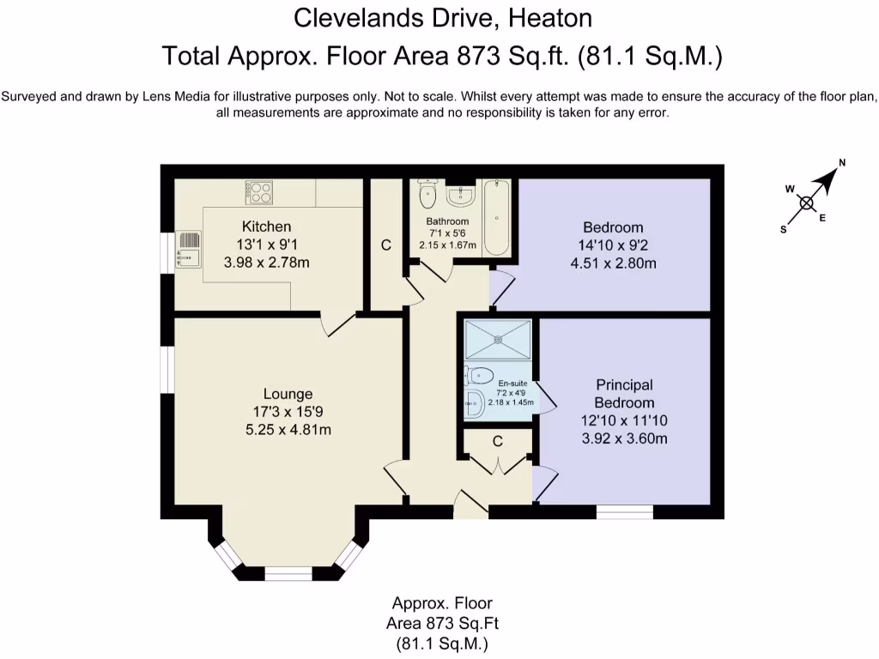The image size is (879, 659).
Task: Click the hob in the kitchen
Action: pyautogui.click(x=258, y=192)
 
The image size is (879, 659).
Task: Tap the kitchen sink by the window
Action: pyautogui.click(x=188, y=249)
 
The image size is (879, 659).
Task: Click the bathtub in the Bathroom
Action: pyautogui.click(x=497, y=217)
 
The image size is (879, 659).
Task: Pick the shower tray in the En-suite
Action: pyautogui.click(x=498, y=339)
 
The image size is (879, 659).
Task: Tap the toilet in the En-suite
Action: pyautogui.click(x=478, y=375)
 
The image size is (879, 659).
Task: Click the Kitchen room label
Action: pyautogui.click(x=266, y=227)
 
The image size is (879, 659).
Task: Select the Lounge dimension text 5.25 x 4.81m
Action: pyautogui.click(x=288, y=430)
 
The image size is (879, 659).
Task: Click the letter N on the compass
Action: pyautogui.click(x=841, y=163)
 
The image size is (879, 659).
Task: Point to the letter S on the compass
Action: pyautogui.click(x=784, y=230)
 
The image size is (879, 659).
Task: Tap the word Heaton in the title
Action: pyautogui.click(x=550, y=19)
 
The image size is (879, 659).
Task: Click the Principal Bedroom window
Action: pyautogui.click(x=625, y=511)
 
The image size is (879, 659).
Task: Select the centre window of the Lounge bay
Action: pyautogui.click(x=288, y=573)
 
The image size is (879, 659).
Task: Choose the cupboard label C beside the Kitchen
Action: pyautogui.click(x=385, y=245)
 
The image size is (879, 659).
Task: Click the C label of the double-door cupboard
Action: pyautogui.click(x=498, y=442)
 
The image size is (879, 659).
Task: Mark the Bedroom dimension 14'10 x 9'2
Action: pyautogui.click(x=613, y=245)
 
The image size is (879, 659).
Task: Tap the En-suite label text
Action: pyautogui.click(x=513, y=384)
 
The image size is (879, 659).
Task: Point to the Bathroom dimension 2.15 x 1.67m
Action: pyautogui.click(x=447, y=245)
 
